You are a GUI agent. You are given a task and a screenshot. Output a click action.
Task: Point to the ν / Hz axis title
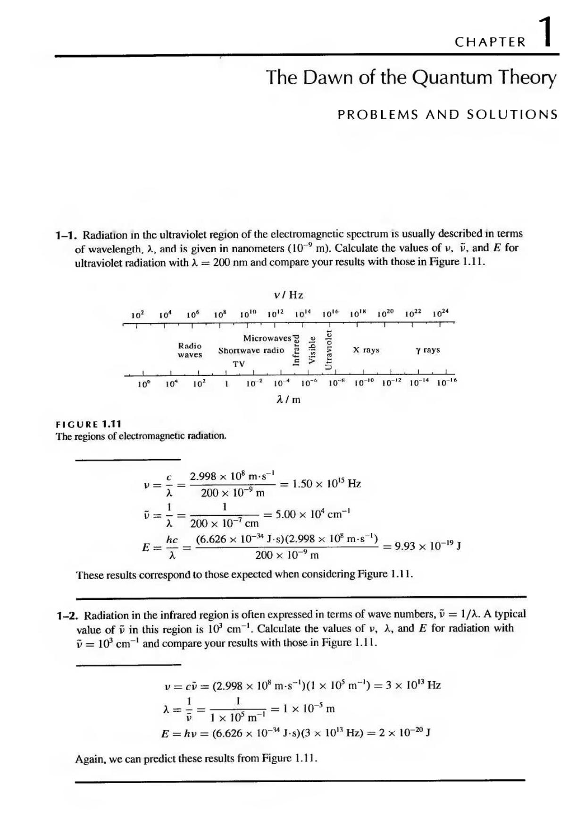pos(289,295)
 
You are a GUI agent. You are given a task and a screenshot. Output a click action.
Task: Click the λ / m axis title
pos(288,400)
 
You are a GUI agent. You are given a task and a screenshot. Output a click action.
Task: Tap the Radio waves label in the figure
pos(190,350)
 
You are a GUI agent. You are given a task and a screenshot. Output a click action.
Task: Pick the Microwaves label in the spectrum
pos(267,338)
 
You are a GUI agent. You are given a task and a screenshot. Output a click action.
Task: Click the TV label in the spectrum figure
pos(239,364)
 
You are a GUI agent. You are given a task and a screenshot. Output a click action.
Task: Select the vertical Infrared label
pos(296,350)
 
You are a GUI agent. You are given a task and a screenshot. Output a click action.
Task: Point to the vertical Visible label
pos(311,350)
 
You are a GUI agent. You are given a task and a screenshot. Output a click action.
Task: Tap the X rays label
pos(366,350)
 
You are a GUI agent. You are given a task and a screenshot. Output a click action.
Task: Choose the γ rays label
pos(428,350)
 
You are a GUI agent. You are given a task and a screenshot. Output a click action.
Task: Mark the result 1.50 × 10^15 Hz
pos(326,484)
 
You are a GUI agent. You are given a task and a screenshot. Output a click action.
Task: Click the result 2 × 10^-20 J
pos(409,733)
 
